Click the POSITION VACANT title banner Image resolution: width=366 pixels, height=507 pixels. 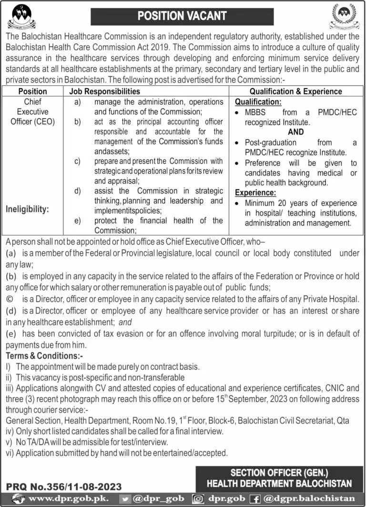(182, 16)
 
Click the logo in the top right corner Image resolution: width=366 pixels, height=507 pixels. (344, 17)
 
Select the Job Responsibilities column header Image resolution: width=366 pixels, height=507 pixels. (105, 91)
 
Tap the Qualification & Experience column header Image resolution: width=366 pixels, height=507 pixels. (295, 91)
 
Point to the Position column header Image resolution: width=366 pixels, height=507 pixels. (32, 91)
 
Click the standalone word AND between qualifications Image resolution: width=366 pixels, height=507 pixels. (295, 132)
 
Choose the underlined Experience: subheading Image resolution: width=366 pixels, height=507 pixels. (255, 193)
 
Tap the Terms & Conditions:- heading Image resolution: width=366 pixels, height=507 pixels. (44, 356)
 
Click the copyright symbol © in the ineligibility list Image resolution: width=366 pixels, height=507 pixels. (10, 299)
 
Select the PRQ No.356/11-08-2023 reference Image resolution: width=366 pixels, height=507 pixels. (64, 486)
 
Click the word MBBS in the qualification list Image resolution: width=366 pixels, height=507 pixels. (256, 113)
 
